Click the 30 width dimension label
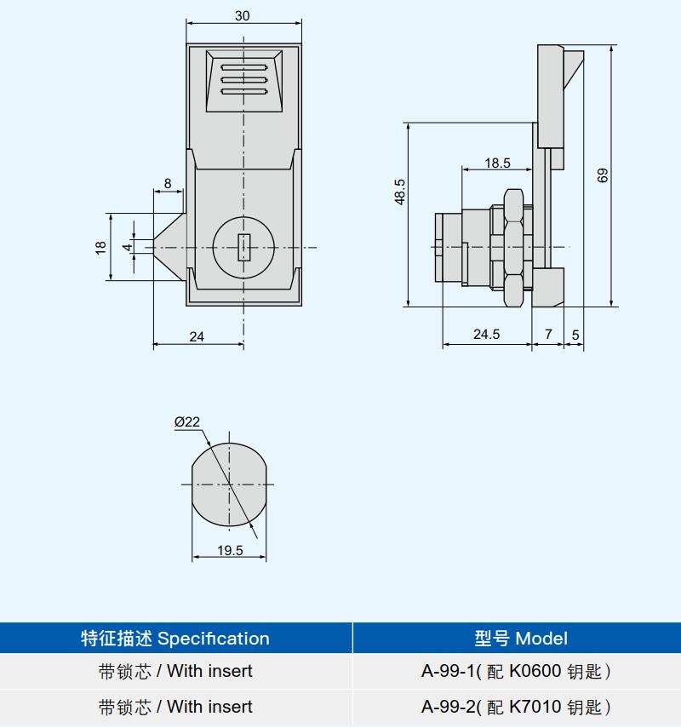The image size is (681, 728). [x=243, y=16]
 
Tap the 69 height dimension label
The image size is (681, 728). [x=603, y=175]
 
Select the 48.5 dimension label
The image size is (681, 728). [x=400, y=192]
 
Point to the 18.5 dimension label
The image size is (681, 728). [x=497, y=163]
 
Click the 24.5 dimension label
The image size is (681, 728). [x=487, y=335]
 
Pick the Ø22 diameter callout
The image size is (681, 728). [x=187, y=421]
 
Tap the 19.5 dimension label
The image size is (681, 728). [x=230, y=550]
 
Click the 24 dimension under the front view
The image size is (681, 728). [x=197, y=336]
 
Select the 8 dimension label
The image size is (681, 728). [x=168, y=183]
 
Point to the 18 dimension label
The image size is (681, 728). [x=100, y=248]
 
